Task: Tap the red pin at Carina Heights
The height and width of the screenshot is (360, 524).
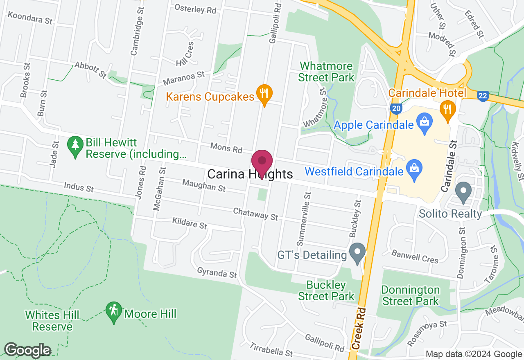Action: [x=262, y=161]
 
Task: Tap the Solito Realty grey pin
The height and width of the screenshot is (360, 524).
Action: [x=463, y=192]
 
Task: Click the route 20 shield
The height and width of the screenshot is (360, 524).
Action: [x=395, y=108]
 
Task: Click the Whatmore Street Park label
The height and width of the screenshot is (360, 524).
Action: [x=326, y=72]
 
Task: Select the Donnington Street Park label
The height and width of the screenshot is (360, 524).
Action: [x=411, y=295]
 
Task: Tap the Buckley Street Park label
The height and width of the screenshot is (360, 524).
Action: [x=326, y=290]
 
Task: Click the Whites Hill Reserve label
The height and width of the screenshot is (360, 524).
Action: [x=52, y=321]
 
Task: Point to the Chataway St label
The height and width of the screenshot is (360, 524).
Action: [x=255, y=213]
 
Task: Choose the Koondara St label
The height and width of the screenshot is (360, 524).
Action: [x=30, y=18]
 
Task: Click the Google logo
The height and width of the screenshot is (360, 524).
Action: [x=27, y=350]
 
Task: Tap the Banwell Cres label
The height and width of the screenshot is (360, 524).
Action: [x=415, y=256]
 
